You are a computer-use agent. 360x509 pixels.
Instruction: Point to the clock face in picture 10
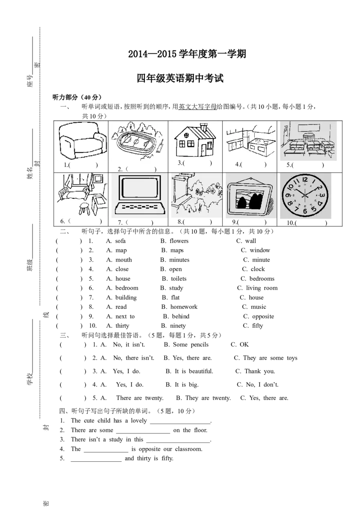click(x=305, y=196)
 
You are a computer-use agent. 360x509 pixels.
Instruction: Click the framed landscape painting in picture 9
click(x=250, y=196)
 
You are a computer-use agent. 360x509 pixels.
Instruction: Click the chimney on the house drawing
click(x=204, y=127)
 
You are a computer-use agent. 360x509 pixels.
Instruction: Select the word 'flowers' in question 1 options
click(x=179, y=241)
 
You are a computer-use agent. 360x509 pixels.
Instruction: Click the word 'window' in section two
click(x=260, y=250)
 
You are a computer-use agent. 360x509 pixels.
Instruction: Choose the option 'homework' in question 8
click(x=184, y=307)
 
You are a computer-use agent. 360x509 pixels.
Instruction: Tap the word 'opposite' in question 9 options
click(x=263, y=317)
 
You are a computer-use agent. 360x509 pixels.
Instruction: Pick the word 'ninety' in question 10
click(x=178, y=326)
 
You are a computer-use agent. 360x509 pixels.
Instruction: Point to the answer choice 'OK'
click(x=244, y=345)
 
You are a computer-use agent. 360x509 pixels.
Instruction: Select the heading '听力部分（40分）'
click(x=77, y=98)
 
